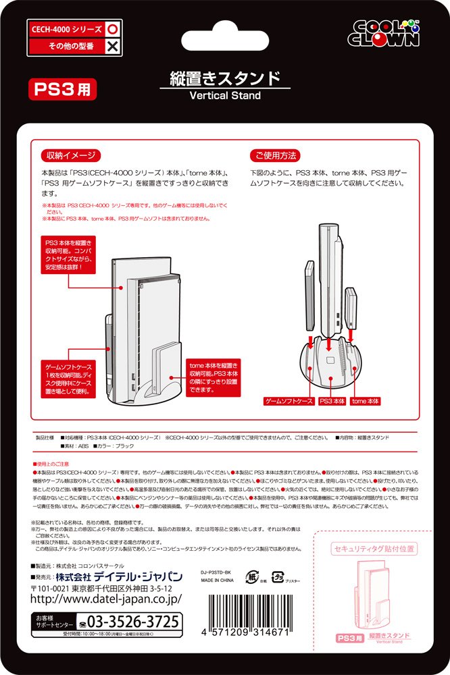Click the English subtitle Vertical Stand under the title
point(224,96)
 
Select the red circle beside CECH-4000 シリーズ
point(113,30)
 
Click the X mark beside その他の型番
point(113,47)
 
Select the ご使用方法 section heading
point(274,155)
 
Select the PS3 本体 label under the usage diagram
point(332,401)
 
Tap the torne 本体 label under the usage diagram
point(365,401)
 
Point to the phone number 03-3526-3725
point(128,620)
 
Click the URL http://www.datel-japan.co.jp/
point(106,598)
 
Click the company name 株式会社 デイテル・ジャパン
point(119,576)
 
